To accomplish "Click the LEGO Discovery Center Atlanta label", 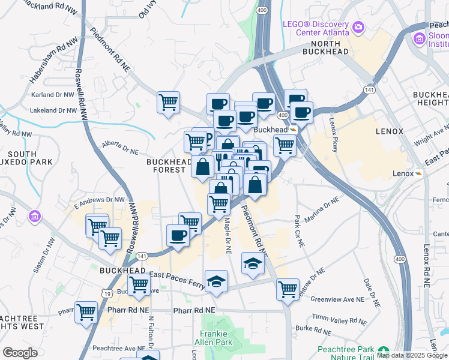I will tap(316, 28).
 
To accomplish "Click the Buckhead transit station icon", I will tap(293, 130).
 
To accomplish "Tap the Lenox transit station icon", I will tap(418, 173).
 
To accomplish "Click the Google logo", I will tap(20, 353).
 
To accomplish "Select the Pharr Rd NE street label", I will tap(193, 311).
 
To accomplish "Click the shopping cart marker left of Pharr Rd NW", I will tap(86, 311).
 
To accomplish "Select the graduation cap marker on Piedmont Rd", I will tap(253, 263).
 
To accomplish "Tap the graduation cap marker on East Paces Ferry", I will tap(216, 280).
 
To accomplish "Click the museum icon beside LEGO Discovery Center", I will tap(358, 26).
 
